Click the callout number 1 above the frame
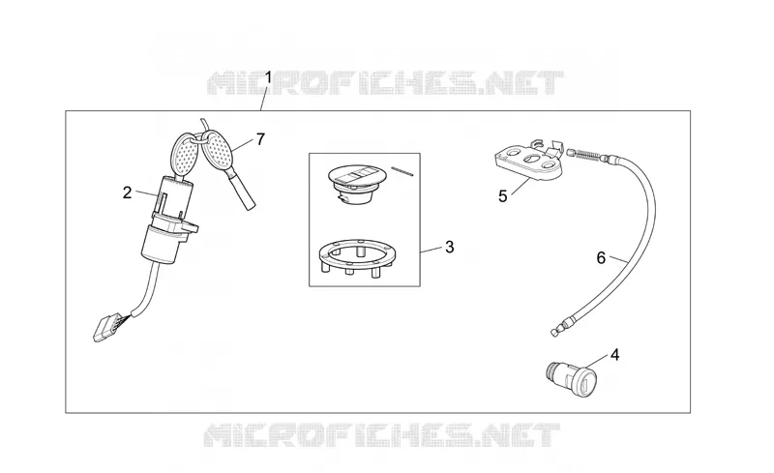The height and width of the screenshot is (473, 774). [269, 77]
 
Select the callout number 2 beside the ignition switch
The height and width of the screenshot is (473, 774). [128, 193]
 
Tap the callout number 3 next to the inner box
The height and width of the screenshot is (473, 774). [449, 247]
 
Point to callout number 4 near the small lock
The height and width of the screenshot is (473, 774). [614, 354]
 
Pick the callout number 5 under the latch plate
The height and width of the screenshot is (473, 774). [502, 196]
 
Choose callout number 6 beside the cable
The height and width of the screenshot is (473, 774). [601, 257]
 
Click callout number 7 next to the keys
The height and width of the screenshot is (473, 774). [260, 139]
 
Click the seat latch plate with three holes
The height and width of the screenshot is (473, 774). [528, 162]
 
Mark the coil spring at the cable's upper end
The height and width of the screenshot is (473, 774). [586, 155]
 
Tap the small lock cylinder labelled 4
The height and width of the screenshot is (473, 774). [572, 377]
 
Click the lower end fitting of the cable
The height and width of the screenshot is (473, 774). [559, 328]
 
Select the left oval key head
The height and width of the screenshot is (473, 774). [184, 152]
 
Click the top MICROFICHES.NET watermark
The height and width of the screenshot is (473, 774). [385, 83]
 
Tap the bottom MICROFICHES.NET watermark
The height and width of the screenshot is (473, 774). [382, 434]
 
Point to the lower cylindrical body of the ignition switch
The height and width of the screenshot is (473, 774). [162, 244]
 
